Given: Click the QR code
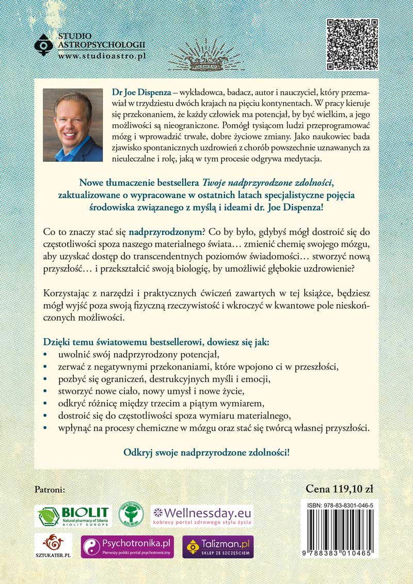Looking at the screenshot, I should [x=353, y=44].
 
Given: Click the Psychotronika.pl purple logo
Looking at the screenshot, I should [x=127, y=546].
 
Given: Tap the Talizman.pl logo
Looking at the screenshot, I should [x=218, y=546].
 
